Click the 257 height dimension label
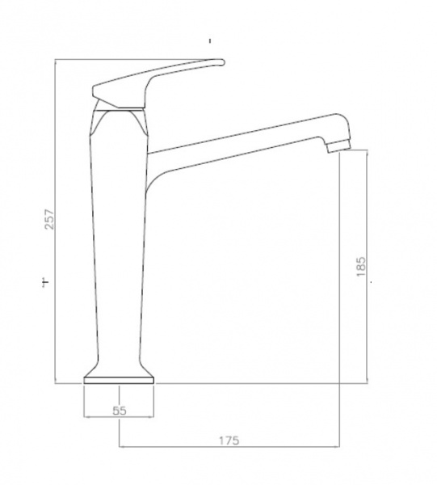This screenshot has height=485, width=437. pos(50,219)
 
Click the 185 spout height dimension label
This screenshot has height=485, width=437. pos(360,267)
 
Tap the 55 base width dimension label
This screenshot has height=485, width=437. pos(120,411)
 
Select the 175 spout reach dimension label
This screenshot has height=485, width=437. pos(229,441)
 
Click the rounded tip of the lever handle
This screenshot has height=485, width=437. pos(222,62)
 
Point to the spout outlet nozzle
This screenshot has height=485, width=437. pos(338,145)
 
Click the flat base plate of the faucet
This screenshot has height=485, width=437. pos(119,381)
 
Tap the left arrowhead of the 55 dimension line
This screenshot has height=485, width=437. pos(86,417)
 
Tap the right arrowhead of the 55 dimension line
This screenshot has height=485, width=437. pos(151,417)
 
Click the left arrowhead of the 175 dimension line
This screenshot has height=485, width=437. pos(121,447)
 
